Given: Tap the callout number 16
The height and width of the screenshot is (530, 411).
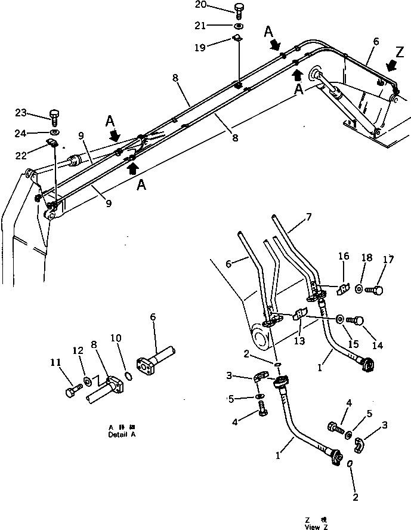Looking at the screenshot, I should click(343, 257).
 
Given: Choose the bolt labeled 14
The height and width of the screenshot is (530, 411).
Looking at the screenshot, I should click(354, 321).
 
